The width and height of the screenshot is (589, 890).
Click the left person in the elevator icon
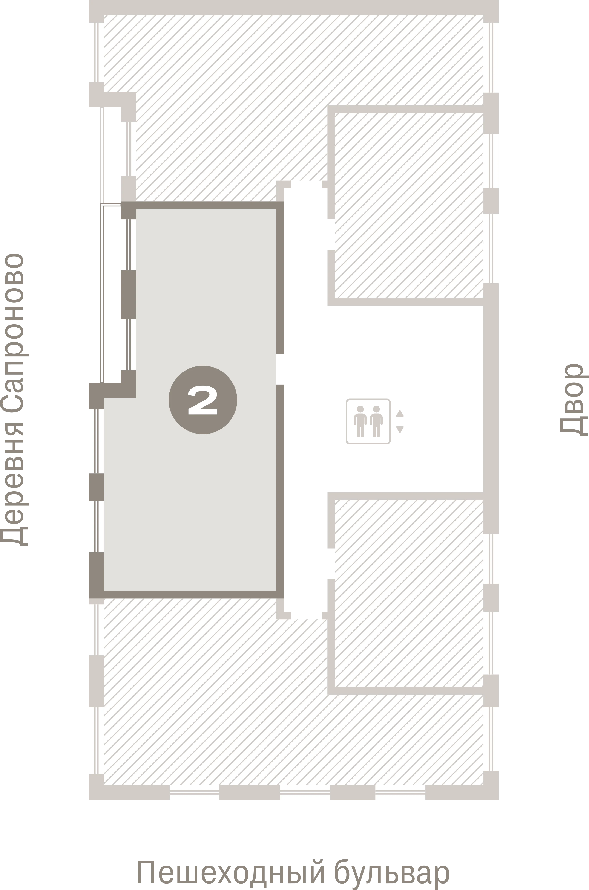[360, 421]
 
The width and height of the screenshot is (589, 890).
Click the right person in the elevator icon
[376, 421]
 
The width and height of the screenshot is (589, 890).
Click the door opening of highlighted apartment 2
[280, 369]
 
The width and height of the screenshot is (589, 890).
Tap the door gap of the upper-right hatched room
[331, 234]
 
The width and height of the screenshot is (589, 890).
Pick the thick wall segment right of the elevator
[491, 399]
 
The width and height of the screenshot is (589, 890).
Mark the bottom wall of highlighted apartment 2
[186, 595]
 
